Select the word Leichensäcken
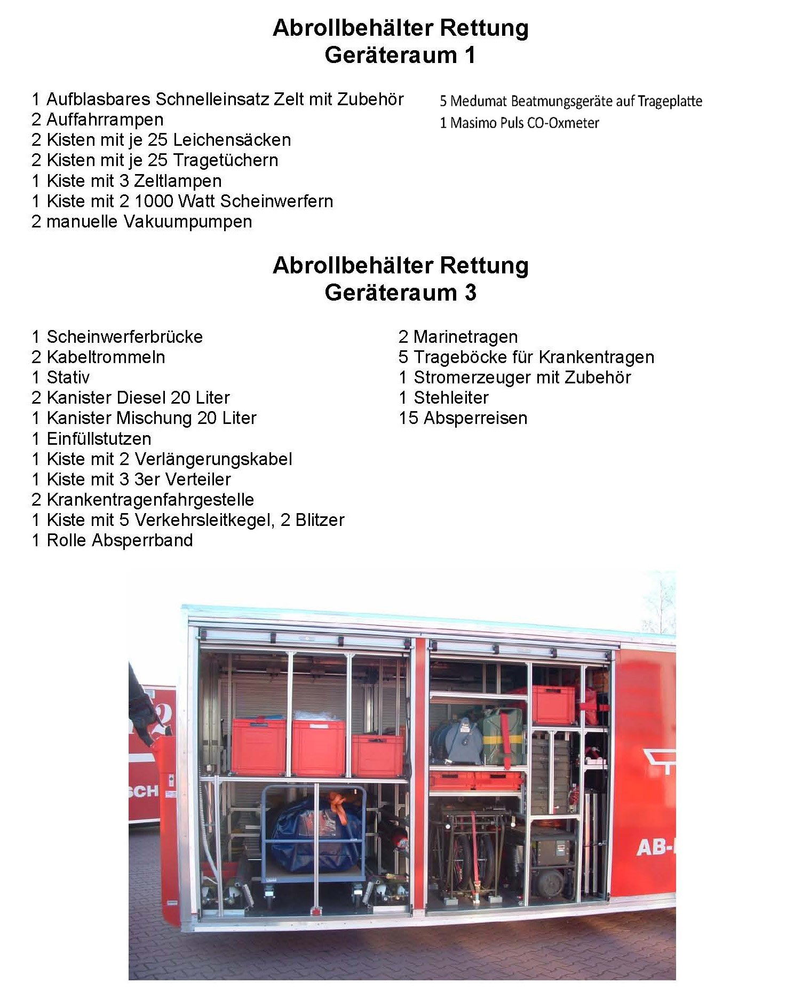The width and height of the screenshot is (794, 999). click(x=232, y=140)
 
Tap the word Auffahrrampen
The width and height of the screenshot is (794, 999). click(x=105, y=120)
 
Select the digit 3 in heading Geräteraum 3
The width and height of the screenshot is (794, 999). click(x=470, y=293)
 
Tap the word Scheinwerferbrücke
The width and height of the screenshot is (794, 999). click(x=124, y=337)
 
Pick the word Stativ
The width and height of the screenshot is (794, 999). click(x=68, y=377)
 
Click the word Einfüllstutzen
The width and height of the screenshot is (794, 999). click(x=99, y=439)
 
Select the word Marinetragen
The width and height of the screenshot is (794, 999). click(x=465, y=337)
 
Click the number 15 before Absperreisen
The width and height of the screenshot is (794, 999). click(x=408, y=418)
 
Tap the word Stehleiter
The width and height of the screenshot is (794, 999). click(x=451, y=398)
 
